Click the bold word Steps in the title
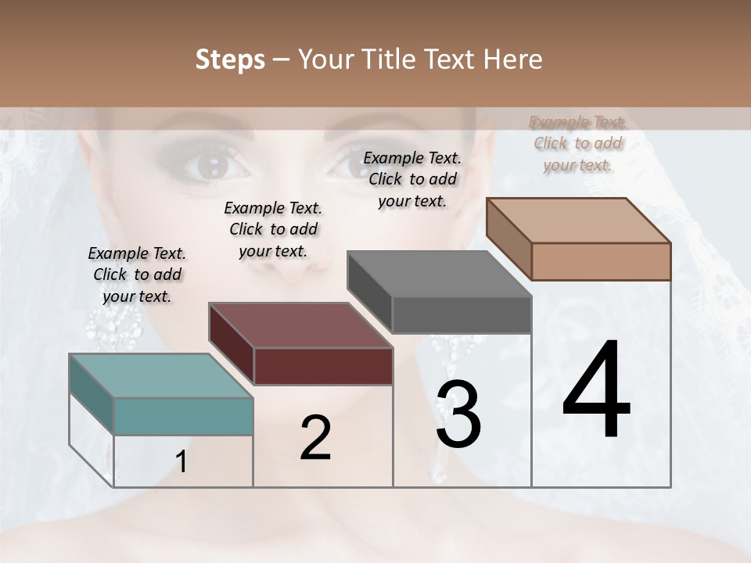(229, 59)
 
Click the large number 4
(596, 390)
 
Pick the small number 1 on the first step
(181, 462)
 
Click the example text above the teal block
(137, 274)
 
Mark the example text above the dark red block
(273, 229)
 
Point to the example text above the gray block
(412, 179)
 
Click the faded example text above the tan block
(577, 143)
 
